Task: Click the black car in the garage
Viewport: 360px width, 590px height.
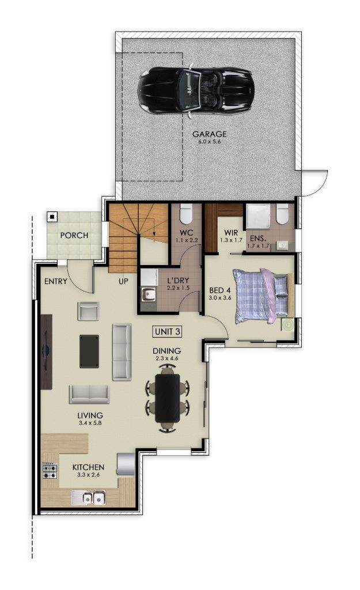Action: pos(196,90)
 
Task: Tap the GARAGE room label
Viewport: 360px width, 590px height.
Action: pos(210,134)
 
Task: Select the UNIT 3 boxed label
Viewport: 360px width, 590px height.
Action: pos(168,331)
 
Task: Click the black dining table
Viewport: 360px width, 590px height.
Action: pos(168,398)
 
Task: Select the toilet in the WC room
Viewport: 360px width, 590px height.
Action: pos(186,214)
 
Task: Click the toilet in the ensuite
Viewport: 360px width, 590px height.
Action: pos(282,214)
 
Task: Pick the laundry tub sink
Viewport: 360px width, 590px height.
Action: pos(148,294)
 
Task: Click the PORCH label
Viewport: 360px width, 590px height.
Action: pos(74,236)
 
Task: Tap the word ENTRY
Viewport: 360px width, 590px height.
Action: pos(56,281)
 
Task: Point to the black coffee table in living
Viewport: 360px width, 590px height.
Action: pos(89,351)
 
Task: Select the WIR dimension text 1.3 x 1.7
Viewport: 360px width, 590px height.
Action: pos(231,240)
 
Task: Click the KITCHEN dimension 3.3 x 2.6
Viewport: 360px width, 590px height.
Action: pos(88,475)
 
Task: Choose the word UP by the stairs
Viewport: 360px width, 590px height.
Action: pos(123,281)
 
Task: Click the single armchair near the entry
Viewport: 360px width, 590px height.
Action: pos(88,311)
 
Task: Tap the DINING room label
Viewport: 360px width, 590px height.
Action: pos(166,351)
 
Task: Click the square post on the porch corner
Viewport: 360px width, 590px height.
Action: pos(52,217)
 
